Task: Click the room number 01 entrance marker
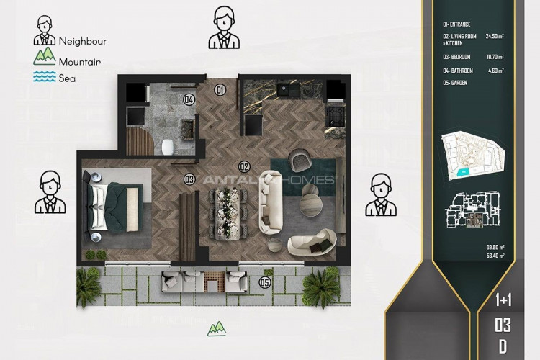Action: (x=220, y=90)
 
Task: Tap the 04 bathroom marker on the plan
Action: (x=189, y=99)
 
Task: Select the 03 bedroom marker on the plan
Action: (x=189, y=179)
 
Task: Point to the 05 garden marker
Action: (x=265, y=283)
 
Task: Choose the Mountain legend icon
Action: (x=45, y=58)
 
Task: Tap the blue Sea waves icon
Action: (x=45, y=77)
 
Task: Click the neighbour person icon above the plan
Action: (x=223, y=28)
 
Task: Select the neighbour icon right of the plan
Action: (x=381, y=194)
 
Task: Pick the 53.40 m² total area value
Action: (x=495, y=256)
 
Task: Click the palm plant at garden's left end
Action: (x=89, y=285)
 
